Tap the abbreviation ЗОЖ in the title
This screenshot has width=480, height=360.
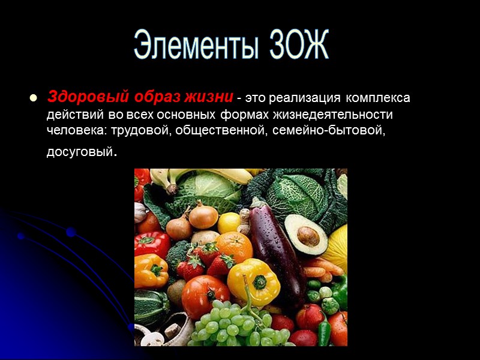pos(295,45)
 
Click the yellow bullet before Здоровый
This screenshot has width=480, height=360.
pos(33,97)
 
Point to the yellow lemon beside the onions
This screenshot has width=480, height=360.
pos(229,223)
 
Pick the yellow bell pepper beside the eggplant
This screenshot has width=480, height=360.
pos(253,281)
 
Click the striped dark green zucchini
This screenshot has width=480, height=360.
pos(150,307)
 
